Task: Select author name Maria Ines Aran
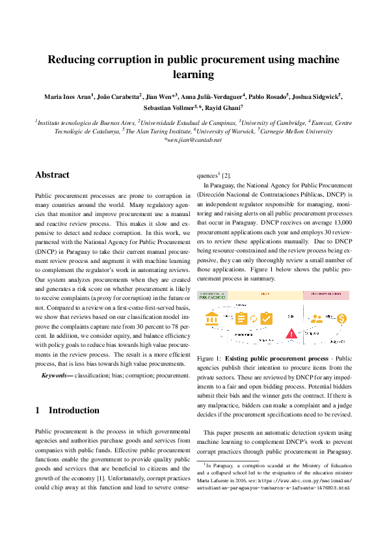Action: [x=67, y=97]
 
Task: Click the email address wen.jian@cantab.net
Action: [x=194, y=139]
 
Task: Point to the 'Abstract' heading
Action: [x=52, y=175]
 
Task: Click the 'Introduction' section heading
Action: [x=73, y=410]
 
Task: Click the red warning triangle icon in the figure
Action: [x=291, y=334]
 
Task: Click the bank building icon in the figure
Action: [x=211, y=319]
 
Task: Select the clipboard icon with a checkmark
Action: [x=266, y=318]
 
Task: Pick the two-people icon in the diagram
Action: [x=316, y=318]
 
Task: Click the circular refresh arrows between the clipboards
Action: [x=253, y=318]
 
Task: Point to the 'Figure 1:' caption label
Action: [x=209, y=358]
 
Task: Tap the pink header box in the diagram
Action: [x=326, y=295]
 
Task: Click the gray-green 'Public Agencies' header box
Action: [x=211, y=295]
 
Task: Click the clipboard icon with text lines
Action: [x=240, y=318]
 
